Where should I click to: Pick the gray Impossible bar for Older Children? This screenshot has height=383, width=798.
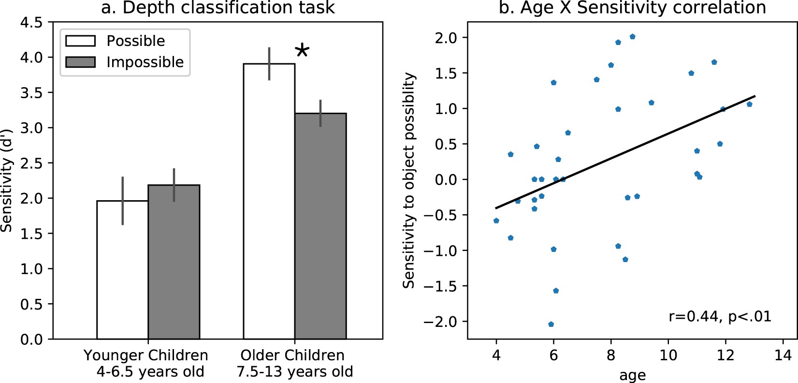[x=320, y=227]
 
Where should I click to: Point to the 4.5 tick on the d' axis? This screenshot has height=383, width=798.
[x=31, y=23]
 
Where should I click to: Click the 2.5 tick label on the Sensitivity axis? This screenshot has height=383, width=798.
[x=31, y=163]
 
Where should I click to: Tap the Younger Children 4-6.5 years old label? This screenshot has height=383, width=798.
[x=146, y=363]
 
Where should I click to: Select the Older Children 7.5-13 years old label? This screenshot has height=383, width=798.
[x=294, y=363]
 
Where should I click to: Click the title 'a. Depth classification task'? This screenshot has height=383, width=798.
[x=218, y=8]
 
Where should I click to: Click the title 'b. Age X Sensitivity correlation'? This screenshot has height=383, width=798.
[x=632, y=8]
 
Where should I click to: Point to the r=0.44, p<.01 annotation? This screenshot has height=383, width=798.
[x=720, y=317]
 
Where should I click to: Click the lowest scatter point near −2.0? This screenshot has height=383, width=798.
[x=551, y=324]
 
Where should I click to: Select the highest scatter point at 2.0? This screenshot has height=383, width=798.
[x=632, y=37]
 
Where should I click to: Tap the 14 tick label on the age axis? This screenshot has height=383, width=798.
[x=783, y=356]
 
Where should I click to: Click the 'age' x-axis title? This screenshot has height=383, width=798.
[x=632, y=375]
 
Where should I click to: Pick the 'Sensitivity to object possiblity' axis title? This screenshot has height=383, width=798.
[x=409, y=180]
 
